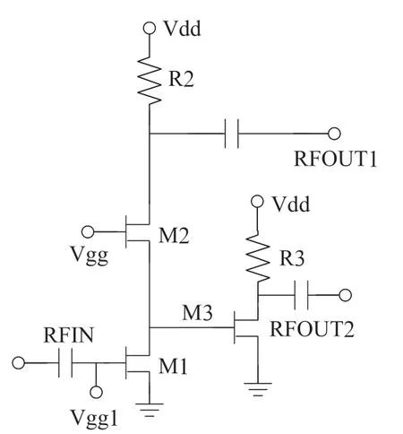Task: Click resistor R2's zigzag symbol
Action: tap(150, 80)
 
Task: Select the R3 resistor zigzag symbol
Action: tap(257, 257)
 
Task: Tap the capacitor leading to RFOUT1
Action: tap(232, 134)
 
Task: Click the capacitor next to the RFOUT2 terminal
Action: tap(301, 295)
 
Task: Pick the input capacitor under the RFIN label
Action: tap(65, 362)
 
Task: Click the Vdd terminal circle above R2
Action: tap(150, 29)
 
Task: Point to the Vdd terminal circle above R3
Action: tap(257, 202)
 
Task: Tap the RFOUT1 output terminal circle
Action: tap(334, 134)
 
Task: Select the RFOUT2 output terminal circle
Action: tap(346, 295)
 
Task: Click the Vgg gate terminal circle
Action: tap(88, 231)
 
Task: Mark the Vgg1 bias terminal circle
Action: tap(96, 392)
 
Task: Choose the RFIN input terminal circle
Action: tap(19, 363)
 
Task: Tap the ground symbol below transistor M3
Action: tap(258, 389)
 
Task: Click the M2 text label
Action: tap(174, 236)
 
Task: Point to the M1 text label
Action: tap(173, 366)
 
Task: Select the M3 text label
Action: tap(197, 313)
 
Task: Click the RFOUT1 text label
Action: tap(336, 159)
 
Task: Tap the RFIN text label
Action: tap(69, 334)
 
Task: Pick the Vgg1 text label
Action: tap(94, 418)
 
